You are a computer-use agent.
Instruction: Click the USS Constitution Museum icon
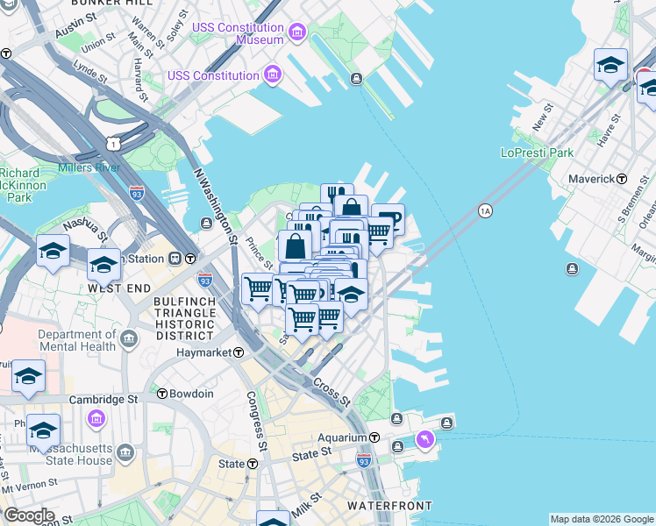click(297, 33)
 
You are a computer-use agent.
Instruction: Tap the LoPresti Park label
click(536, 153)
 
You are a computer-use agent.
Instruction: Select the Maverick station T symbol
click(622, 179)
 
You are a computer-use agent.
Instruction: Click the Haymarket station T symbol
click(238, 352)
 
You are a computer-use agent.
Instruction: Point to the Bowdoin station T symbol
click(162, 394)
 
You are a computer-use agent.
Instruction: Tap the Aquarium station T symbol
click(373, 437)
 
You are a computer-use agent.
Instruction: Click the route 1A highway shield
click(485, 210)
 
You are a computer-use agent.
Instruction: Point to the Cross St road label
click(332, 393)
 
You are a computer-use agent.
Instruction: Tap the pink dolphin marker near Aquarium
click(425, 438)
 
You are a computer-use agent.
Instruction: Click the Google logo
click(29, 515)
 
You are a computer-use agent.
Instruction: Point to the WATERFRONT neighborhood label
click(389, 506)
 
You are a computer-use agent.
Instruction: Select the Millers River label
click(88, 167)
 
